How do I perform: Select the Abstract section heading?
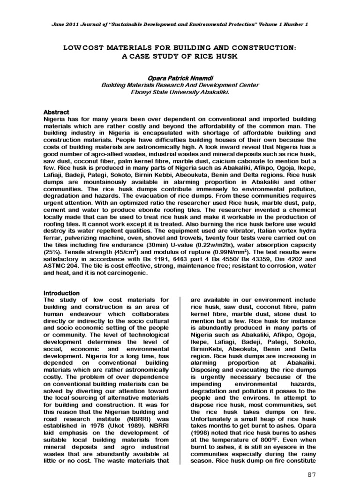tap(56, 112)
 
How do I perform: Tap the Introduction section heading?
tap(61, 293)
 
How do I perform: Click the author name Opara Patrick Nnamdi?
tap(180, 77)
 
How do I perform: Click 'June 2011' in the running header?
tap(65, 24)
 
